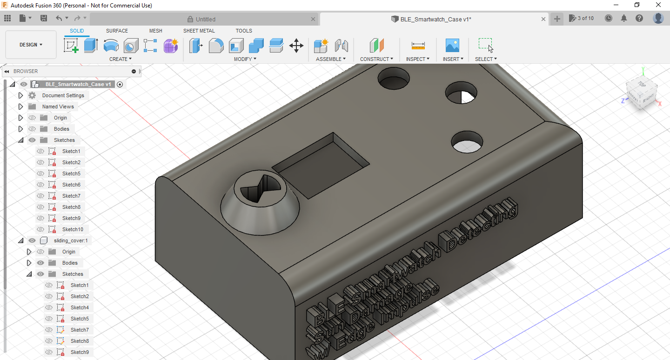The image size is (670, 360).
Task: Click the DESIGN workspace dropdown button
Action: pyautogui.click(x=31, y=45)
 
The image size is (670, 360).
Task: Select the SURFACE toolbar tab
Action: pyautogui.click(x=117, y=31)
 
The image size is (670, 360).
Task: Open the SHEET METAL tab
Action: pyautogui.click(x=199, y=31)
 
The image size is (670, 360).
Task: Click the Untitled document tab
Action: pyautogui.click(x=205, y=19)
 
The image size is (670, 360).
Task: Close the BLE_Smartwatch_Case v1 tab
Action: pyautogui.click(x=543, y=19)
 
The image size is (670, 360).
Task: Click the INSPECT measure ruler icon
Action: pyautogui.click(x=418, y=46)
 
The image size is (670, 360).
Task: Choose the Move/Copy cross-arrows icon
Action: pyautogui.click(x=296, y=46)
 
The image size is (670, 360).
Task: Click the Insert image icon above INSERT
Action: pyautogui.click(x=452, y=46)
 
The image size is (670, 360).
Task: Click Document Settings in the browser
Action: pyautogui.click(x=63, y=95)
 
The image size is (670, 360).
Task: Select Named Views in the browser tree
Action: pyautogui.click(x=58, y=107)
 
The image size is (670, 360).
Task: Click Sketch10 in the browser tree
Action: pyautogui.click(x=73, y=229)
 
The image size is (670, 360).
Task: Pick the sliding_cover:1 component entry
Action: pyautogui.click(x=71, y=240)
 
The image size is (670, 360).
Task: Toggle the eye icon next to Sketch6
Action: pyautogui.click(x=40, y=185)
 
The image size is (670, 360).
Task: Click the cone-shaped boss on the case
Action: pyautogui.click(x=261, y=205)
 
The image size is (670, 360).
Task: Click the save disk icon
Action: pyautogui.click(x=44, y=18)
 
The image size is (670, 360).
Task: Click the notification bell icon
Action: pyautogui.click(x=624, y=18)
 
